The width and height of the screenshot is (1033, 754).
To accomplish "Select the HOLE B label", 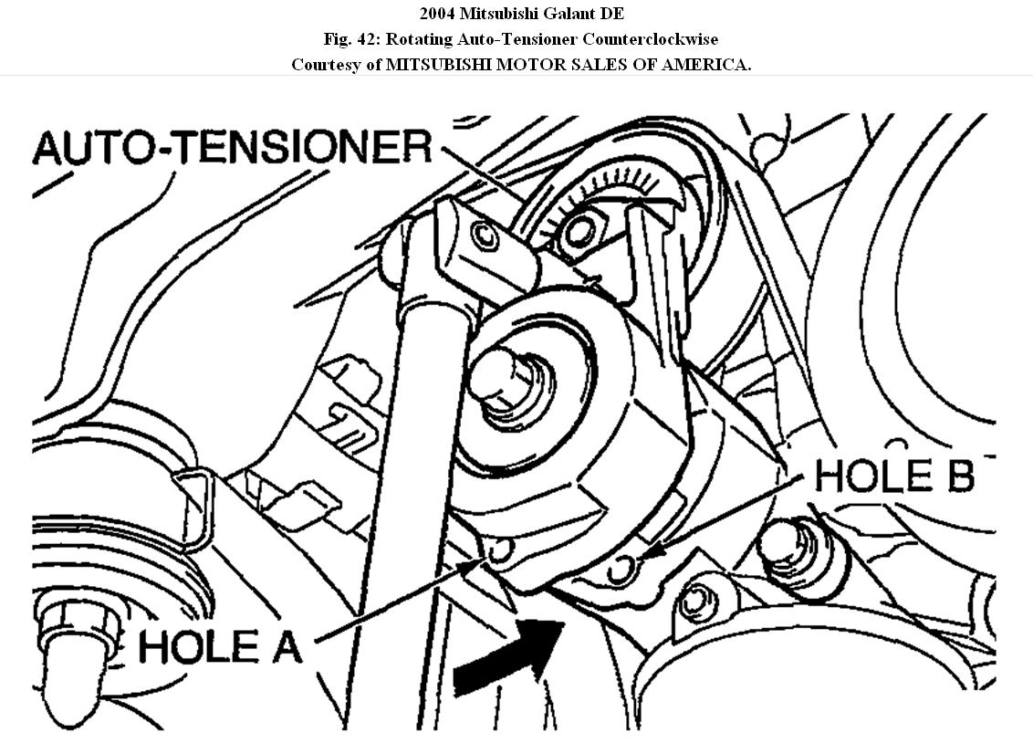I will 894,476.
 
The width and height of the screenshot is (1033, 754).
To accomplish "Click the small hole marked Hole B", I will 620,571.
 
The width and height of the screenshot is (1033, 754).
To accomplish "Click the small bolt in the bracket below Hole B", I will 698,601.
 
